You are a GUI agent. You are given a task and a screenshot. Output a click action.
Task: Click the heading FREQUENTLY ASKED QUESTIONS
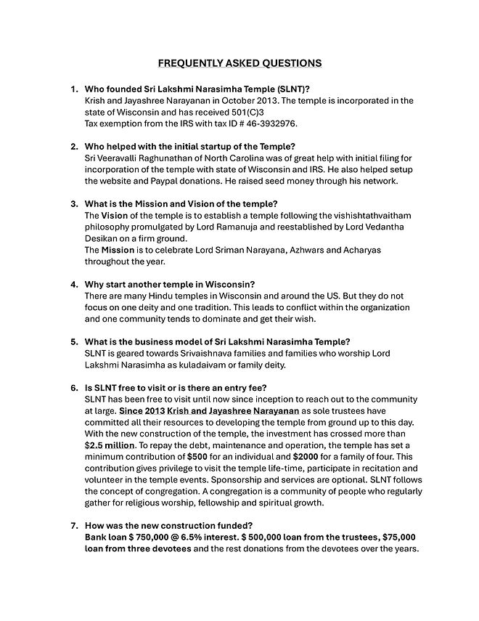[x=239, y=63]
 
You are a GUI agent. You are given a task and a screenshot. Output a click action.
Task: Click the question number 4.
[x=73, y=284]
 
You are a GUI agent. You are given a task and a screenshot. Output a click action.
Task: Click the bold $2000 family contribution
[x=306, y=457]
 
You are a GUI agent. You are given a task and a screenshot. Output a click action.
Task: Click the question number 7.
[x=73, y=526]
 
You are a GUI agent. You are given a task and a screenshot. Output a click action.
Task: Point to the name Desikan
[x=103, y=238]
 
